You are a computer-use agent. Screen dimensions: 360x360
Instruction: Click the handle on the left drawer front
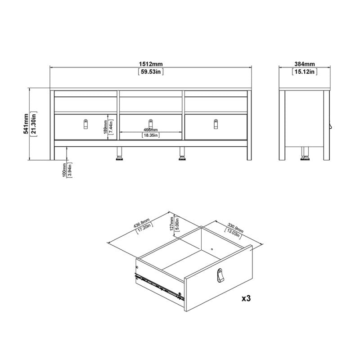[x=85, y=123]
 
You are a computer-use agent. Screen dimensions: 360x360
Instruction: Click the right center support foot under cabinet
[x=182, y=153]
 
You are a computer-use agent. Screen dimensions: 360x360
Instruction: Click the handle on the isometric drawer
[x=220, y=275]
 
